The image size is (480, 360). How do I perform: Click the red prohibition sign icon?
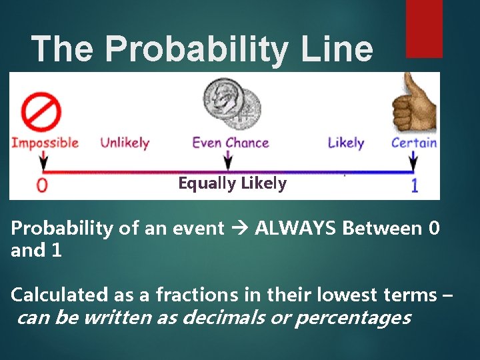tap(41, 112)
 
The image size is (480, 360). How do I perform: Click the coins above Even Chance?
tap(233, 103)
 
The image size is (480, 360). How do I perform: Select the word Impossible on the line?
tap(45, 143)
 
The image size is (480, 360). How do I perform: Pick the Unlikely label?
tap(125, 143)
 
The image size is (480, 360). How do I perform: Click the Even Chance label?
tap(231, 143)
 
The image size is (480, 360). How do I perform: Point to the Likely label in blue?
tap(346, 143)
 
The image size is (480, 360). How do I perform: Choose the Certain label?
tap(414, 143)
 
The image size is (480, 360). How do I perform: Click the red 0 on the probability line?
tap(42, 185)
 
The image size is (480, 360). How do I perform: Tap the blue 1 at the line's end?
tap(414, 185)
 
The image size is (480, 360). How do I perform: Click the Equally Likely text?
tap(232, 183)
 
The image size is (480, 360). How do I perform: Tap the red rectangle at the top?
tap(424, 28)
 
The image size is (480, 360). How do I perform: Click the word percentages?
tap(352, 318)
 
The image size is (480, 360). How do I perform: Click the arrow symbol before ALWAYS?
tap(239, 229)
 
